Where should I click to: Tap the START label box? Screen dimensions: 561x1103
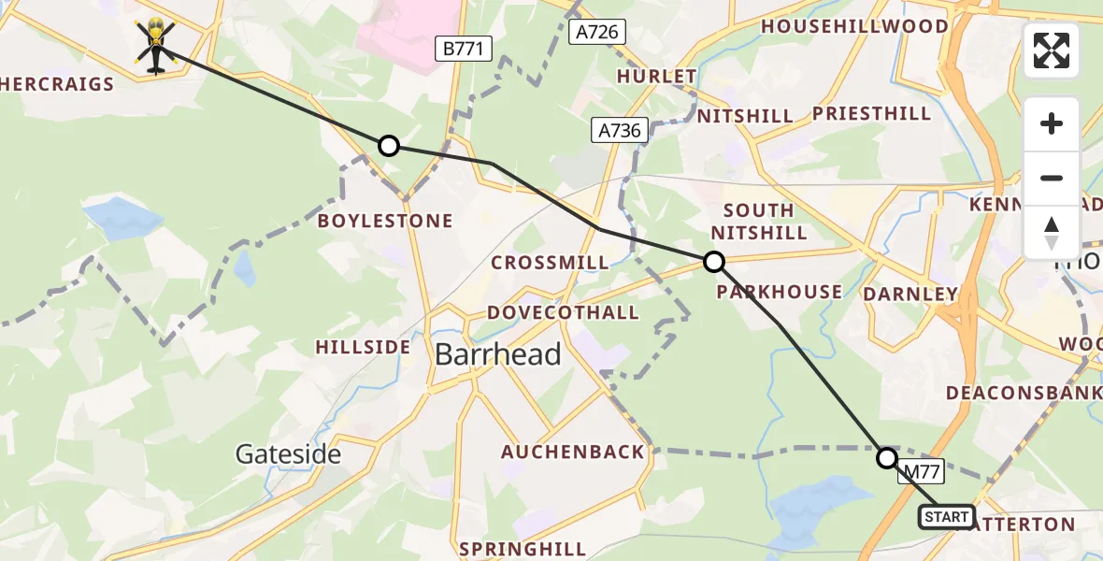947,517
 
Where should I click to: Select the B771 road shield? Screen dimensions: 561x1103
463,50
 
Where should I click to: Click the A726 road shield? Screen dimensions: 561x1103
597,33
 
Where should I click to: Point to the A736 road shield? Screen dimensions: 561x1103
621,130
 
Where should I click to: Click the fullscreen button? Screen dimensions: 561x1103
1052,50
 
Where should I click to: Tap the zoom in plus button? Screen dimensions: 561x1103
1052,123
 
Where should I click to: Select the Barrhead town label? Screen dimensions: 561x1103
498,354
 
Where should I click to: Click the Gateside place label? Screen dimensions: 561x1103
288,454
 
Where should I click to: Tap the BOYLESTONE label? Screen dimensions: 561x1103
385,222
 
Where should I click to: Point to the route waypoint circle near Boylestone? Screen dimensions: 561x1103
389,146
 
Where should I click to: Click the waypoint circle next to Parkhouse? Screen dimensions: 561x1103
713,262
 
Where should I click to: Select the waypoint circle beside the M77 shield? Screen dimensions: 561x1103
886,458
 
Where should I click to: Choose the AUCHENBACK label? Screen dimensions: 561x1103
573,453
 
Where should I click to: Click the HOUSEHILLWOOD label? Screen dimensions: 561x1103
854,26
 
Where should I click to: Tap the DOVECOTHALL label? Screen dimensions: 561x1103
563,312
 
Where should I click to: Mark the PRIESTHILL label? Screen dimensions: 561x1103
871,114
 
